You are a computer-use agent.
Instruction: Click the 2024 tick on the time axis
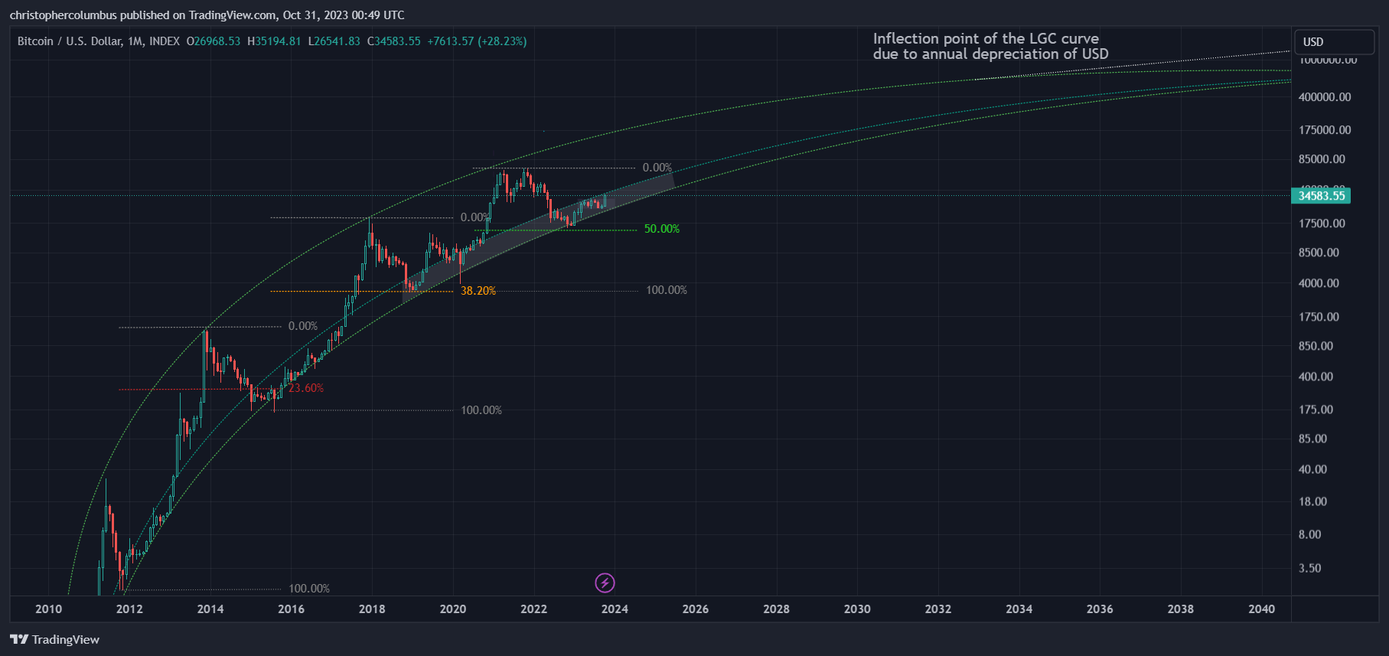tap(615, 609)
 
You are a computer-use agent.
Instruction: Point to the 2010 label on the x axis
tap(49, 609)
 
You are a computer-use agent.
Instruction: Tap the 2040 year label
tap(1261, 609)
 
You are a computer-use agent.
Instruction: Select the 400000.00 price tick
tap(1325, 97)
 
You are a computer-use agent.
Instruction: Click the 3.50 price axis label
tap(1309, 568)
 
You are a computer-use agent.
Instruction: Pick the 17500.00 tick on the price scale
tap(1322, 224)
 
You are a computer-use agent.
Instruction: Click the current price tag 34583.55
tap(1321, 196)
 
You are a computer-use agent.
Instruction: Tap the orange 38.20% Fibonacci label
tap(478, 291)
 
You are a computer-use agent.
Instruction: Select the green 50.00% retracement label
tap(661, 229)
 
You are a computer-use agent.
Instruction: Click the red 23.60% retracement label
tap(306, 388)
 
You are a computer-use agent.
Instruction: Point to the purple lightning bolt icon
tap(605, 583)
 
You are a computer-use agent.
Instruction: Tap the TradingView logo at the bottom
tap(55, 640)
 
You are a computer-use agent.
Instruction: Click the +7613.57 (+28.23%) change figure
tap(477, 41)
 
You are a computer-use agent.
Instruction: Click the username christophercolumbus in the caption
tap(63, 15)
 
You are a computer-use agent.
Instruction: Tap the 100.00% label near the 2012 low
tap(309, 589)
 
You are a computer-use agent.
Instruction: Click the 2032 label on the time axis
tap(938, 609)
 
